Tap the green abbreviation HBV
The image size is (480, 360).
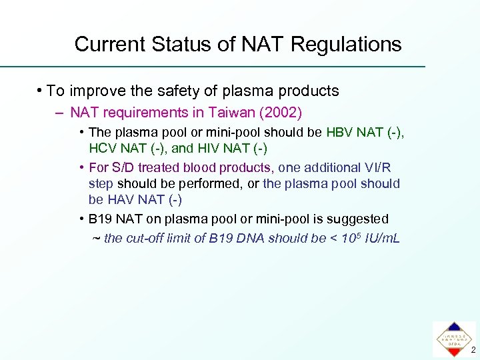[x=341, y=133]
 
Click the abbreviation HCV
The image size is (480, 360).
[x=103, y=148]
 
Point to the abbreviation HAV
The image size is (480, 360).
[x=121, y=199]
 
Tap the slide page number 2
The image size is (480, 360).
[x=472, y=350]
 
